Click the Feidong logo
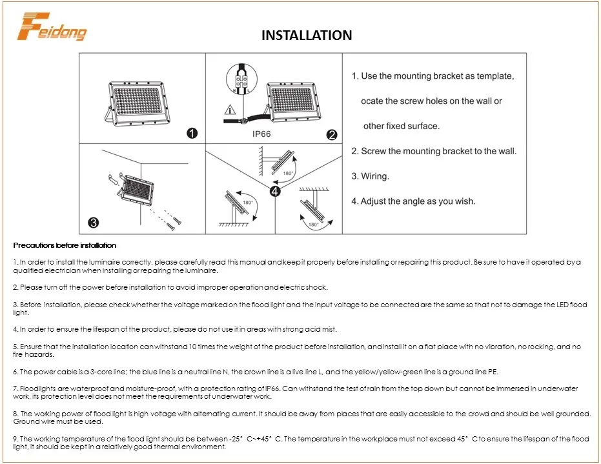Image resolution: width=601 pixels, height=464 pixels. pyautogui.click(x=52, y=26)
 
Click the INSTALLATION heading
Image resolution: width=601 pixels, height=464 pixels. pyautogui.click(x=307, y=35)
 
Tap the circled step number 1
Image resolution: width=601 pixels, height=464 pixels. pyautogui.click(x=192, y=134)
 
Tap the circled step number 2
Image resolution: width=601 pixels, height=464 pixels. pyautogui.click(x=332, y=135)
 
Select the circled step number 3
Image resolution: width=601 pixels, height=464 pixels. pyautogui.click(x=93, y=223)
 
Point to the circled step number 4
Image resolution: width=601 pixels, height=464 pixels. pyautogui.click(x=275, y=191)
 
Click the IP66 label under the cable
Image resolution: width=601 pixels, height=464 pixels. pyautogui.click(x=261, y=135)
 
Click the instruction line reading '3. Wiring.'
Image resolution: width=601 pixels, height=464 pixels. pyautogui.click(x=370, y=176)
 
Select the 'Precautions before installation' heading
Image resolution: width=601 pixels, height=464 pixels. pyautogui.click(x=65, y=245)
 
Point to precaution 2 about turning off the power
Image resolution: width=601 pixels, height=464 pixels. pyautogui.click(x=170, y=287)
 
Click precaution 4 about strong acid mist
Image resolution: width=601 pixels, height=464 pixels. pyautogui.click(x=175, y=329)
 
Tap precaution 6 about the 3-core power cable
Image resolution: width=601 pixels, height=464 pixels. pyautogui.click(x=255, y=372)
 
